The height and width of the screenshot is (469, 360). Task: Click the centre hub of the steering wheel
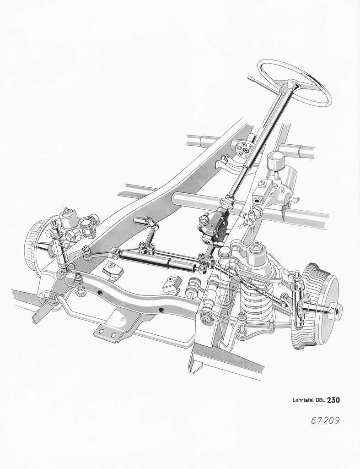[x=293, y=84]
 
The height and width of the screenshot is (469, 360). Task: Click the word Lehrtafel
[x=303, y=400]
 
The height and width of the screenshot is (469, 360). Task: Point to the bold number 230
[x=333, y=399]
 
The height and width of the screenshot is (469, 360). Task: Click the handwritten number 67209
[x=325, y=420]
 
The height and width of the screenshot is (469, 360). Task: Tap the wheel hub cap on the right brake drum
[x=336, y=311]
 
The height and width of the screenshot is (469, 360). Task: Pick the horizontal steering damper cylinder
[x=160, y=259]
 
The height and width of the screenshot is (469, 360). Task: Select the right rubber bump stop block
[x=172, y=284]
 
